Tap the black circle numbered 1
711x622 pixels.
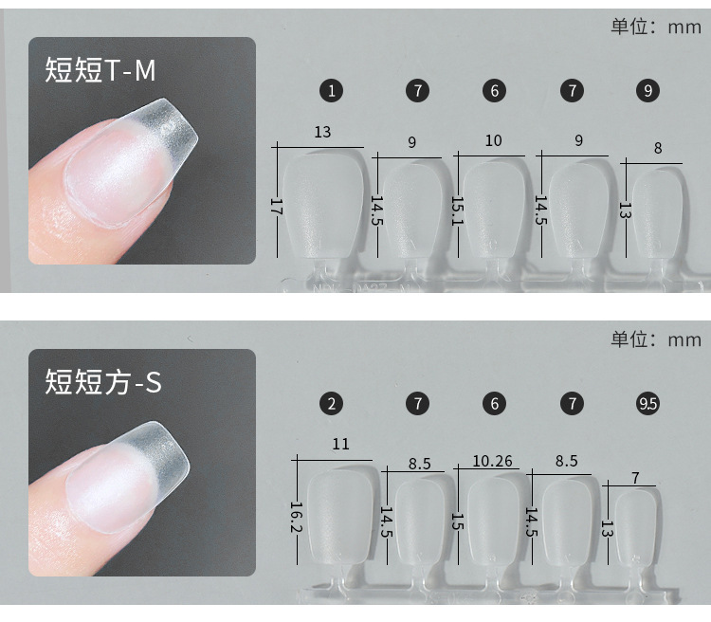[x=332, y=91]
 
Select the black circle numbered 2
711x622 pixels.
[x=332, y=403]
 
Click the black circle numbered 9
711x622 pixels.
[x=648, y=91]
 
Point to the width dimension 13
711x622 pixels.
[x=322, y=132]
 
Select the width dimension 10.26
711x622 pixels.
[x=492, y=461]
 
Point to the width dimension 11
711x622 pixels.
[x=340, y=444]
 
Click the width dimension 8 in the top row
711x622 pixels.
[x=657, y=148]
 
